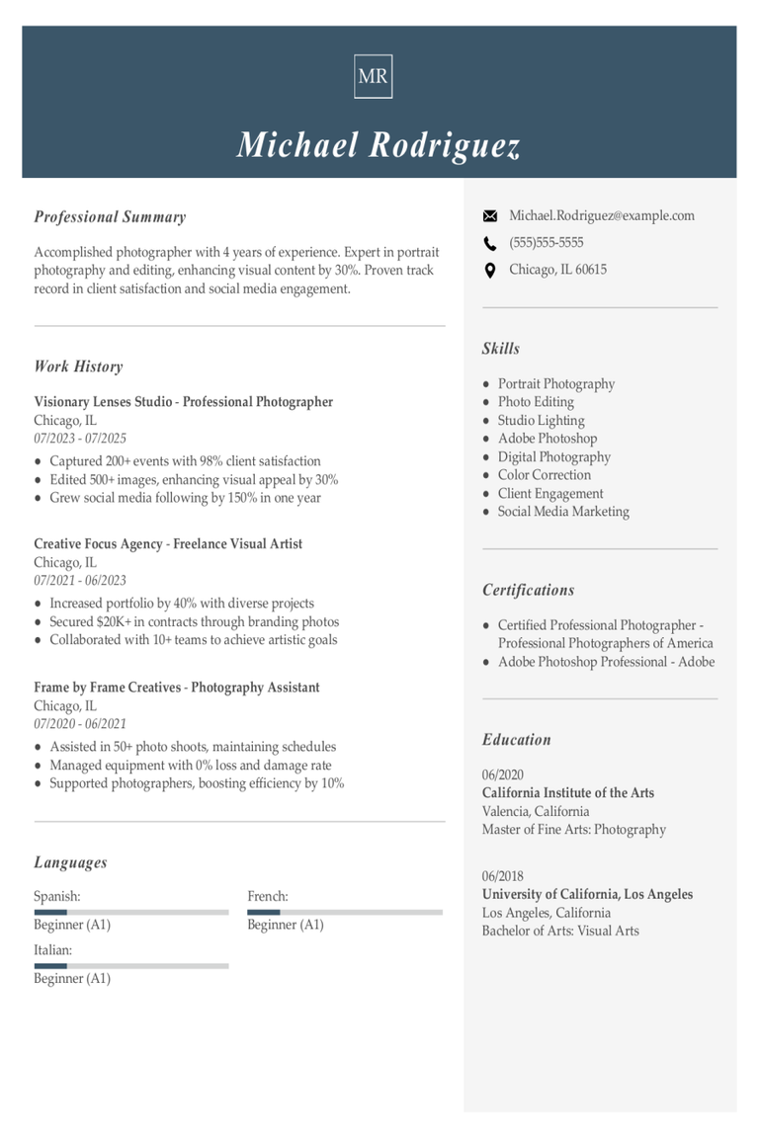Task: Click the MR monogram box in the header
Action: point(373,76)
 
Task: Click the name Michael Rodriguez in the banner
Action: point(379,145)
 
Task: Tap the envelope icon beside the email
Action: point(489,216)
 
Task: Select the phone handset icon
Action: point(489,243)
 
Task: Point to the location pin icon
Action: point(489,270)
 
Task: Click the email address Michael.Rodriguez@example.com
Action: point(601,215)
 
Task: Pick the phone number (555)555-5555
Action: point(546,242)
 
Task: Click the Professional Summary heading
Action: point(110,217)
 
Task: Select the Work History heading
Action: point(78,366)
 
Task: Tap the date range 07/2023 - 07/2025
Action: point(80,439)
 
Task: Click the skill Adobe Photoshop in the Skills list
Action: point(547,439)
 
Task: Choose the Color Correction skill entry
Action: point(544,475)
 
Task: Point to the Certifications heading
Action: point(528,590)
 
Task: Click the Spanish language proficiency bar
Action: point(130,912)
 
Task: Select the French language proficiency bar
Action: point(344,912)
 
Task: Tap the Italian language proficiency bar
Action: point(130,965)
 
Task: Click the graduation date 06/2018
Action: point(502,876)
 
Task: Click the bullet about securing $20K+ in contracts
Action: point(194,622)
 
